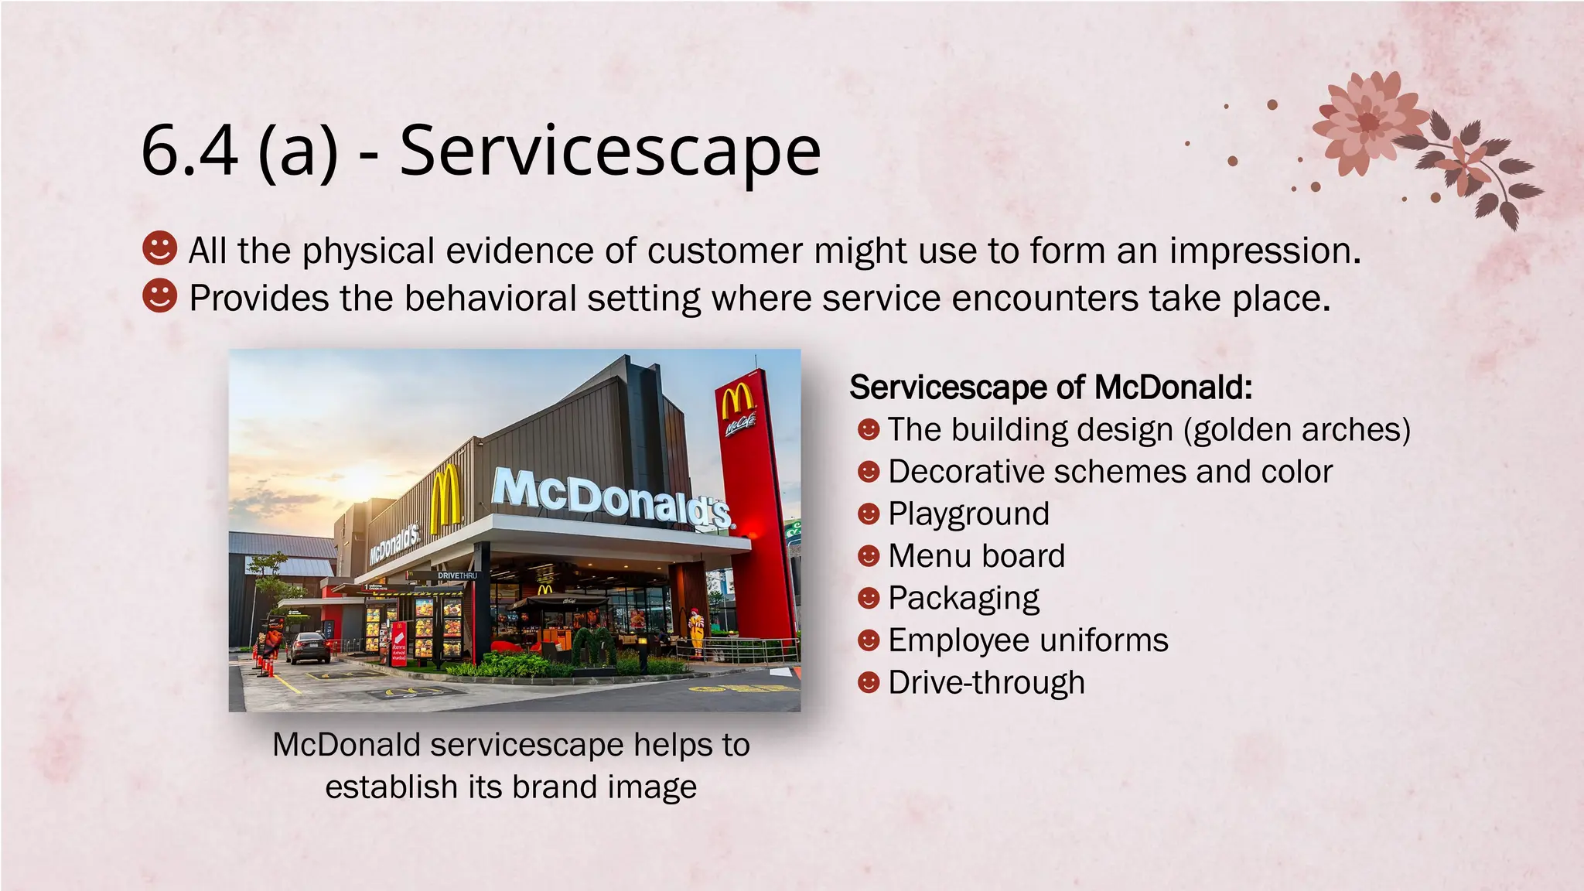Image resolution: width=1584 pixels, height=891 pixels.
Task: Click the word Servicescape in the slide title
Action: (609, 151)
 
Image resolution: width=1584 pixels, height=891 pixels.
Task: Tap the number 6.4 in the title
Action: (189, 151)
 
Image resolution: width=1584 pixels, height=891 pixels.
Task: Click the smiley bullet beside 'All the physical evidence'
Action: (160, 248)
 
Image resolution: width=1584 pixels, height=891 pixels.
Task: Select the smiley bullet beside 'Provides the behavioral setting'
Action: (160, 295)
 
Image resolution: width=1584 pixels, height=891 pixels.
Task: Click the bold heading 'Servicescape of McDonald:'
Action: (1050, 387)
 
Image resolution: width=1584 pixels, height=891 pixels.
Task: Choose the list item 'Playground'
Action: (968, 514)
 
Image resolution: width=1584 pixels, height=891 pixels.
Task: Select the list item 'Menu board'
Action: (976, 556)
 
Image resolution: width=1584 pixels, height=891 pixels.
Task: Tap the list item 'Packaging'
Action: (964, 599)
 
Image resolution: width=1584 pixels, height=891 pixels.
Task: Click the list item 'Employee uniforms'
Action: (1028, 640)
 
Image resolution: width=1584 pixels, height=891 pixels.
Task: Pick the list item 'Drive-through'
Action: (986, 683)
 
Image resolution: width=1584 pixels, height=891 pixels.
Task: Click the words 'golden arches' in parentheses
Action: (1298, 430)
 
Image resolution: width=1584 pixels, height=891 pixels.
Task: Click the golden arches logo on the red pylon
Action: (737, 403)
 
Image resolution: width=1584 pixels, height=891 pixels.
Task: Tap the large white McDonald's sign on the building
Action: (611, 499)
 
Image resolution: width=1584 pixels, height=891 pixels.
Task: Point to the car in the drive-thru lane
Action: (308, 647)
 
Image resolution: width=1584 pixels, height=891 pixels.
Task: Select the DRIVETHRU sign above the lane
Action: (458, 575)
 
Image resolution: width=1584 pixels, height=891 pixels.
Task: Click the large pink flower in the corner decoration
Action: (1367, 121)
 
